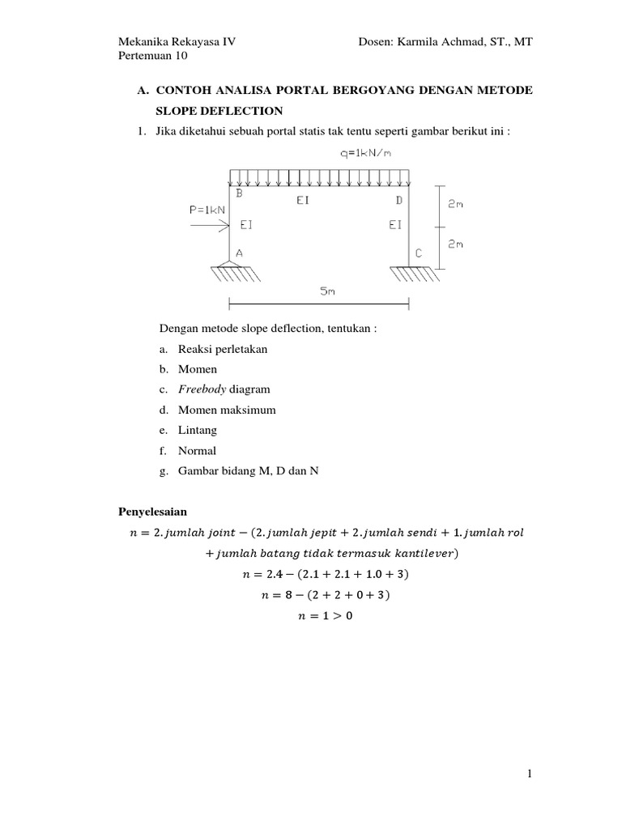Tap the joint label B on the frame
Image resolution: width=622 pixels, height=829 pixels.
(239, 194)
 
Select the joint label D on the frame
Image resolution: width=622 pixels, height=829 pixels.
(398, 200)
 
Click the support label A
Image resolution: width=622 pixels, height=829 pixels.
(239, 253)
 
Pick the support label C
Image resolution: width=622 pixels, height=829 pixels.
(419, 253)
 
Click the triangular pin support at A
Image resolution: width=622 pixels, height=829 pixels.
(230, 264)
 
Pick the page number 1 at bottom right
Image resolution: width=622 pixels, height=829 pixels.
(529, 774)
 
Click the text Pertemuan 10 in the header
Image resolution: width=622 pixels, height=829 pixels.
(153, 57)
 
